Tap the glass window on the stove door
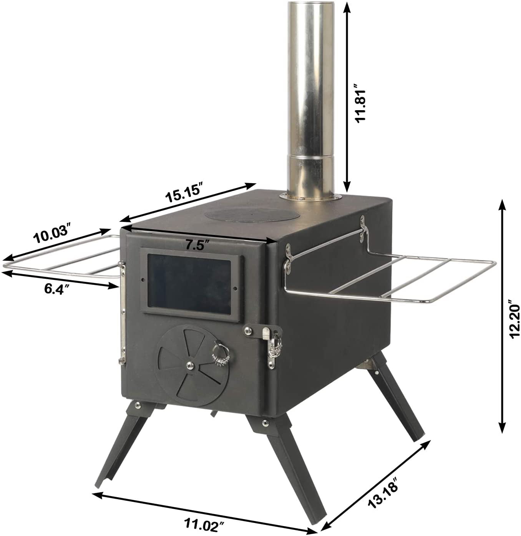point(190,282)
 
